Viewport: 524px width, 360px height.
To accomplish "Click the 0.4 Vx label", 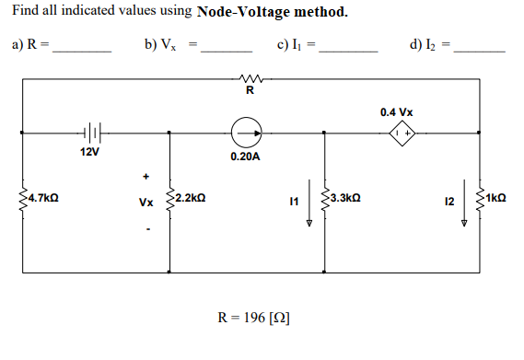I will pyautogui.click(x=396, y=111).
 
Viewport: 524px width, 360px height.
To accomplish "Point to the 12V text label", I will pyautogui.click(x=89, y=151).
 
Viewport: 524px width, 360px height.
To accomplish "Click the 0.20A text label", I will pyautogui.click(x=245, y=157).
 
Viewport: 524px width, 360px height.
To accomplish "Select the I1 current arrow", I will pyautogui.click(x=309, y=200).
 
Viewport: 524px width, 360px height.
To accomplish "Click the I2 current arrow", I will pyautogui.click(x=464, y=200).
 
